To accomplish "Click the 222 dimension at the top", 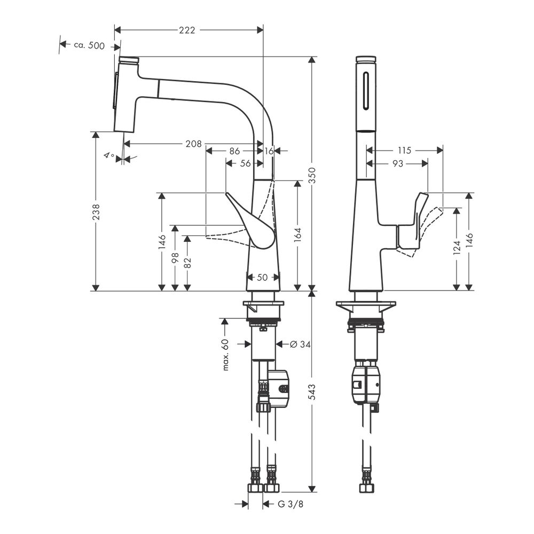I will click(186, 30).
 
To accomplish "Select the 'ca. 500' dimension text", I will click(89, 46).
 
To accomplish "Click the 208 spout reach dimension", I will click(193, 144).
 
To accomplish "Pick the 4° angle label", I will click(109, 156).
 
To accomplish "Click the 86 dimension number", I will click(234, 151).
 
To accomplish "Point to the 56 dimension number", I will click(245, 164).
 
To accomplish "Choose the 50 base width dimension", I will click(262, 277).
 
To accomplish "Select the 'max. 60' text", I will click(225, 355).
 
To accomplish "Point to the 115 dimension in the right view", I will click(405, 151).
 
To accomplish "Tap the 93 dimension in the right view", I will click(397, 164).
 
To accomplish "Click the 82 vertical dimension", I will click(187, 262).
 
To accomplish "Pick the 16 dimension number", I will click(269, 151).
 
